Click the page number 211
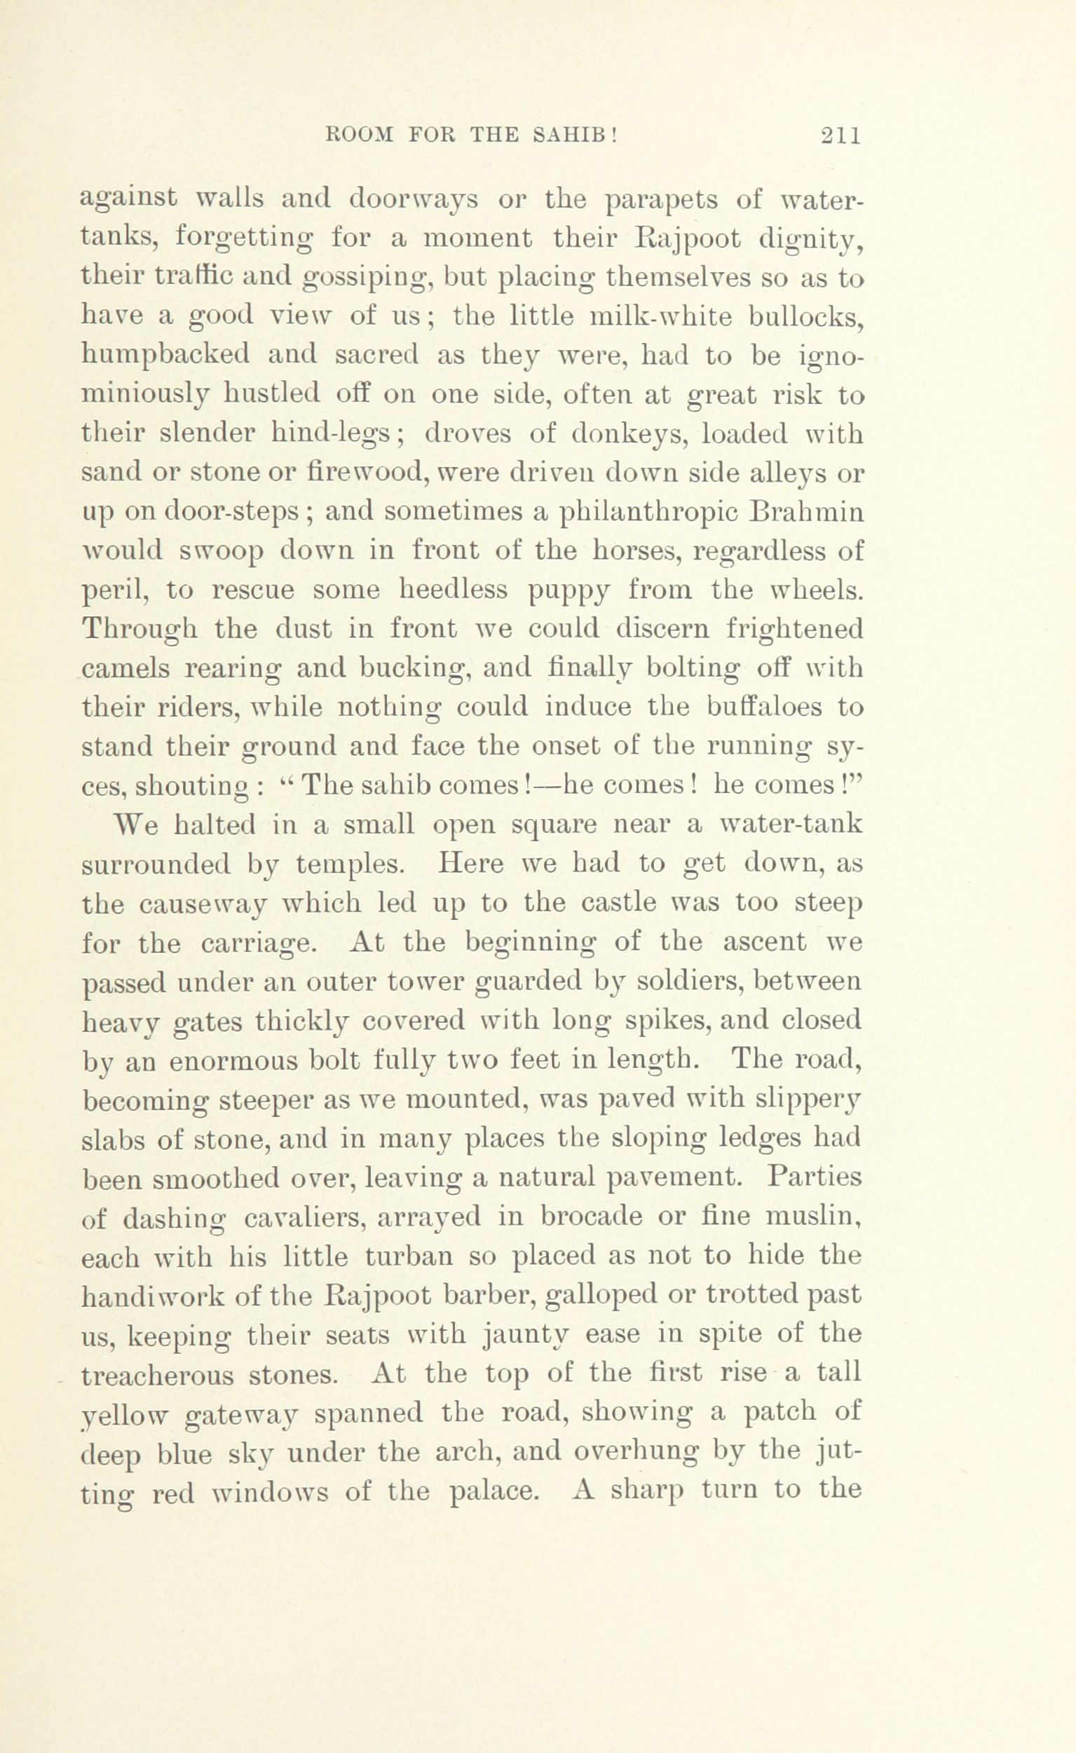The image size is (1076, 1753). pyautogui.click(x=840, y=135)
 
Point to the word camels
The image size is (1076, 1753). pyautogui.click(x=125, y=669)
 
